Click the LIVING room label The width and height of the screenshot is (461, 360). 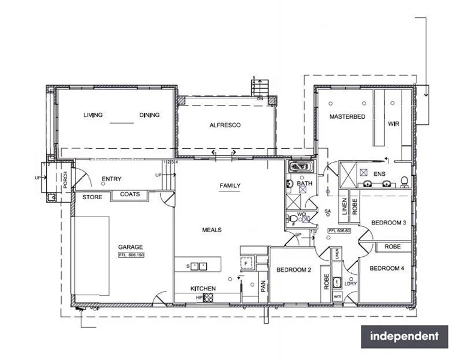pyautogui.click(x=93, y=115)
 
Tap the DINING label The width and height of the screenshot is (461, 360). pyautogui.click(x=149, y=115)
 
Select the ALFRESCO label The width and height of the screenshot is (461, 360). pyautogui.click(x=225, y=125)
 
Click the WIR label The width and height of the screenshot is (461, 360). pyautogui.click(x=393, y=124)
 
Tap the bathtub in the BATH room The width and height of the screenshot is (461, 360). pyautogui.click(x=299, y=166)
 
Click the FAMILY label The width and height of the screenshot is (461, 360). pyautogui.click(x=230, y=185)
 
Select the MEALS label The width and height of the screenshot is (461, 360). pyautogui.click(x=212, y=230)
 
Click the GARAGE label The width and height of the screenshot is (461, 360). pyautogui.click(x=131, y=247)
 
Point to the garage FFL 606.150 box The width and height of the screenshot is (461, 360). pyautogui.click(x=132, y=254)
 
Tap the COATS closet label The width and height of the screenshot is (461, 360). pyautogui.click(x=130, y=194)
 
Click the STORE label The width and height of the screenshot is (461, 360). pyautogui.click(x=92, y=197)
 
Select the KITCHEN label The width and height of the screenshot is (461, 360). pyautogui.click(x=203, y=289)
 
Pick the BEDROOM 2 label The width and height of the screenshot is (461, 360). pyautogui.click(x=293, y=270)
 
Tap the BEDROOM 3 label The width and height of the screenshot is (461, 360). pyautogui.click(x=388, y=223)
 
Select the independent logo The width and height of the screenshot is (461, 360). pyautogui.click(x=404, y=337)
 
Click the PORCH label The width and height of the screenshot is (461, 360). pyautogui.click(x=66, y=177)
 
